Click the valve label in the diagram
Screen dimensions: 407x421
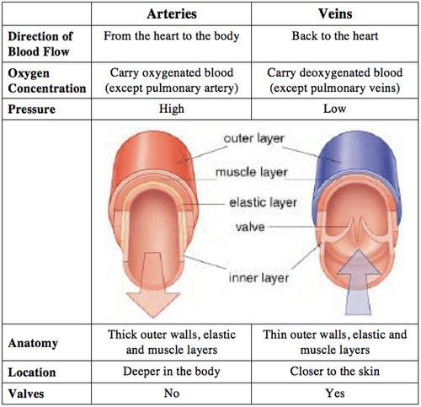(245, 228)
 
